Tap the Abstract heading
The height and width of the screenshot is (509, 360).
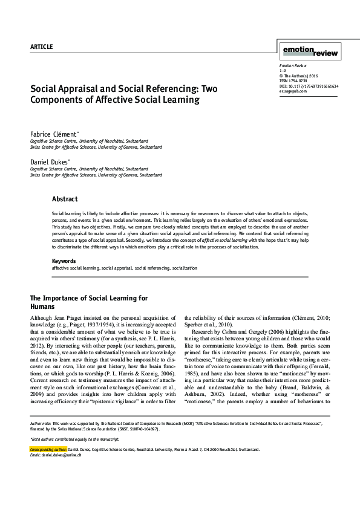pyautogui.click(x=65, y=199)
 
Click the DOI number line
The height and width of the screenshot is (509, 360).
pyautogui.click(x=309, y=86)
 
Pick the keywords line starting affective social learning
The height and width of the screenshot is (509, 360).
pyautogui.click(x=124, y=267)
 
